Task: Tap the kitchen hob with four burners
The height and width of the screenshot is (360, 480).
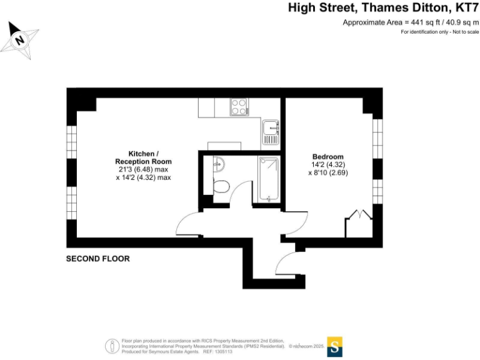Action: [239, 107]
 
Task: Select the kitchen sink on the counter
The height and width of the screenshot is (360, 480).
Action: [271, 128]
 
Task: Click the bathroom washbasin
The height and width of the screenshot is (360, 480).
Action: [217, 164]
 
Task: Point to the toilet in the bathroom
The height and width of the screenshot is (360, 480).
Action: [219, 186]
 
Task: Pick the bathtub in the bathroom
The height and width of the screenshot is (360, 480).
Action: [269, 179]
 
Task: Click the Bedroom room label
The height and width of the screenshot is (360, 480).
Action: [328, 156]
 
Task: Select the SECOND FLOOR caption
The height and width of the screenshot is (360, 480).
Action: [98, 259]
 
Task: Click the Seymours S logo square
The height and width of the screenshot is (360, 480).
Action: [336, 346]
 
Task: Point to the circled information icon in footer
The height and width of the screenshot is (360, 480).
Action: [111, 346]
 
